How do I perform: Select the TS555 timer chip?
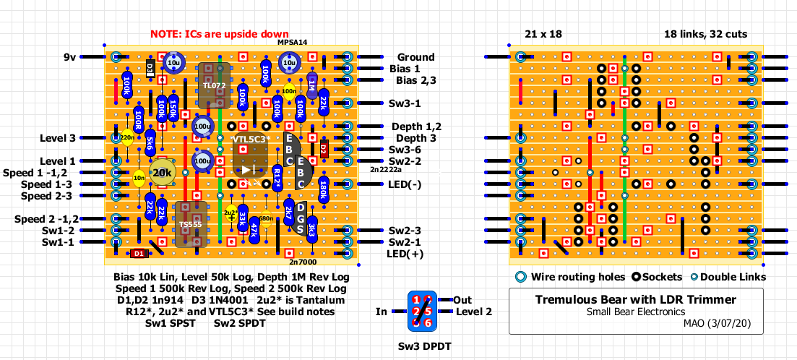tap(191, 225)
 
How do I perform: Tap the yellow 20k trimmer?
tap(162, 173)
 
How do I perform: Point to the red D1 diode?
tap(138, 254)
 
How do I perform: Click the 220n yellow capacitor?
tap(127, 137)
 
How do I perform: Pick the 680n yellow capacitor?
tap(265, 218)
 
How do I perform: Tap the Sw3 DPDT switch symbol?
tap(421, 312)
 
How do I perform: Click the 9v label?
tap(70, 56)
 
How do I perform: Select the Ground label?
tap(415, 57)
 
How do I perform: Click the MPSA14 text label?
tap(293, 43)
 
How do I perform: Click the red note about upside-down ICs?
tap(220, 34)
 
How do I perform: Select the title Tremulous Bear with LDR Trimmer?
tap(635, 299)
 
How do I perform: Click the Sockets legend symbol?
tap(637, 277)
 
